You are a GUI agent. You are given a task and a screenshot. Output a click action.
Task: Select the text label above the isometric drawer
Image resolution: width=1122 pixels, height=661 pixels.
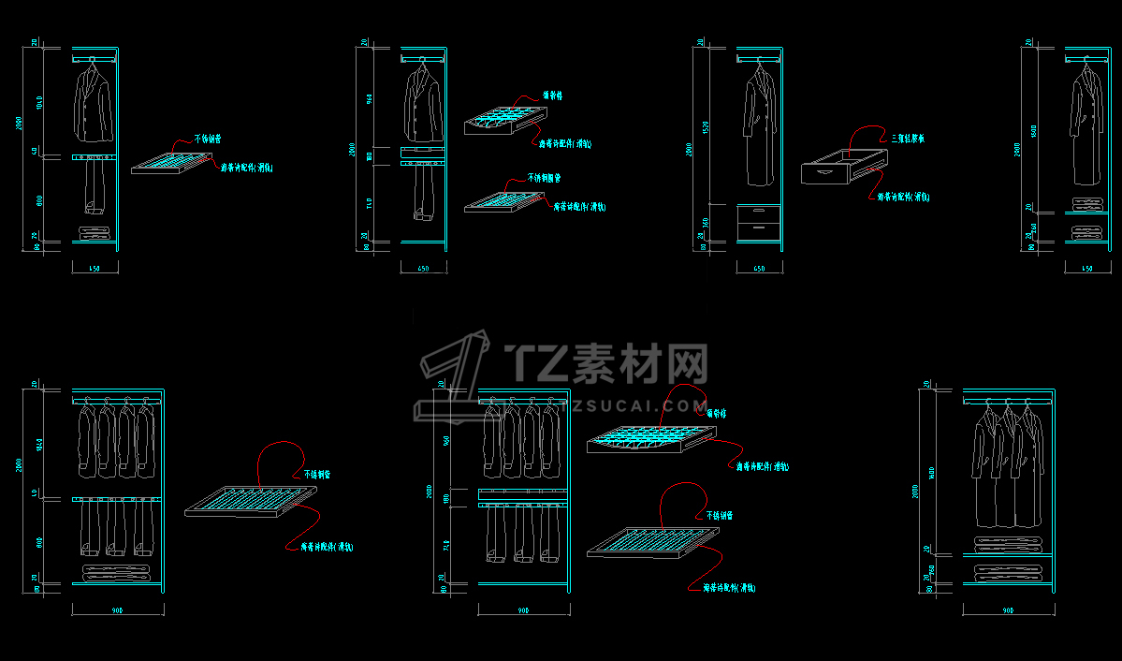point(909,139)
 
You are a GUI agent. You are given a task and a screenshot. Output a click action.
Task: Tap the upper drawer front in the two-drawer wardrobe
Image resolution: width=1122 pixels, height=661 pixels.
point(759,213)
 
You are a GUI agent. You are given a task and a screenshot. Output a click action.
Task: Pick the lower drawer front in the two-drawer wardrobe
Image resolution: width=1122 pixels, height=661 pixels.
point(759,229)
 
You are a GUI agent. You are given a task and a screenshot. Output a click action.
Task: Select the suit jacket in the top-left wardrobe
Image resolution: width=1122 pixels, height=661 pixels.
point(93,106)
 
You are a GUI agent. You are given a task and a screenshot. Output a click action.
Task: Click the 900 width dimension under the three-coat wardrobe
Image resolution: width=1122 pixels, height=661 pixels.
point(1008,610)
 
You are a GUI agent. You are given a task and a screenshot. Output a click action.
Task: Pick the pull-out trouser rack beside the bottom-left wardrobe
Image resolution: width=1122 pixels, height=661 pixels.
point(252,501)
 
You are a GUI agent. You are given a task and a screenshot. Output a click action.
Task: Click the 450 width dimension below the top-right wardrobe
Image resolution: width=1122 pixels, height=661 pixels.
point(1086,269)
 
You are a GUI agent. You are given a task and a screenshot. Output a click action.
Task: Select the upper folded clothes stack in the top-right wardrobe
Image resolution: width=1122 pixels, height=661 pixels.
point(1086,204)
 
